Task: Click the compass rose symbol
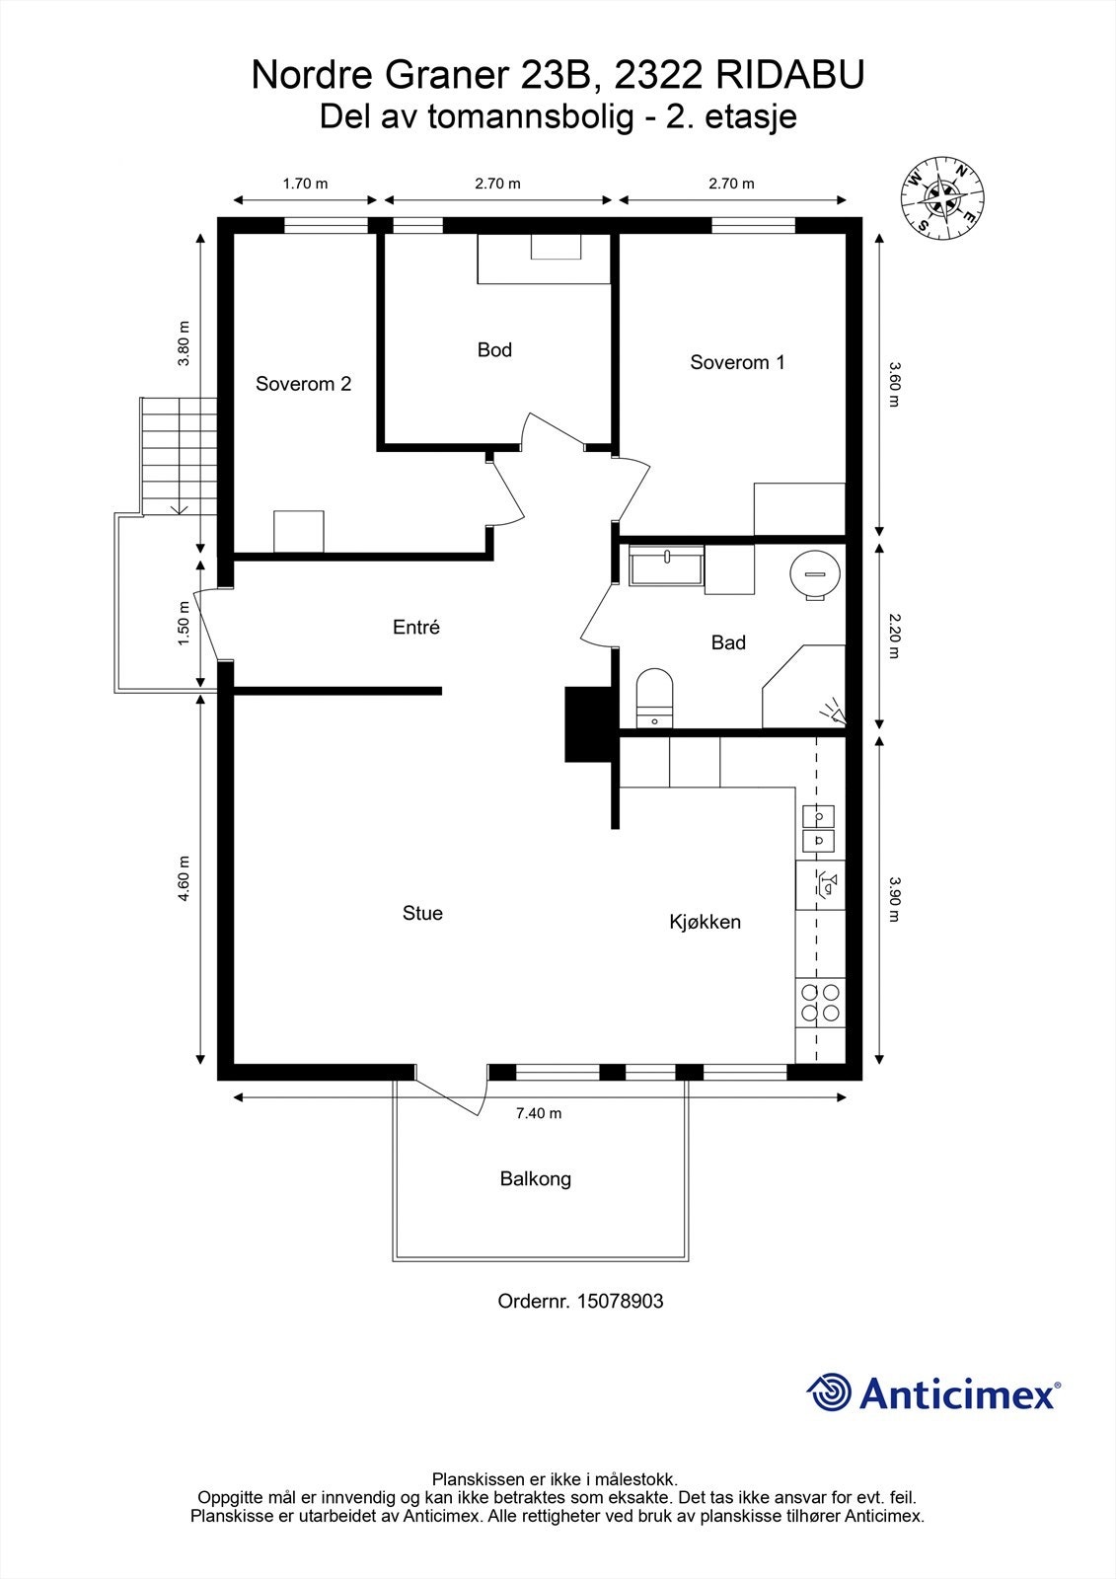[943, 197]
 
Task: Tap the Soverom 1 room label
[737, 362]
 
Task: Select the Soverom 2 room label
[303, 384]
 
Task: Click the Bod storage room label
[494, 349]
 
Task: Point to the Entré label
[415, 627]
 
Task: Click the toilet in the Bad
[654, 696]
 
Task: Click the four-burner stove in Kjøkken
[820, 1003]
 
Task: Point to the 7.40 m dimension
[539, 1113]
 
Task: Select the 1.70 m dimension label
[305, 183]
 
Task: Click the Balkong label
[535, 1178]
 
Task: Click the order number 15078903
[619, 1301]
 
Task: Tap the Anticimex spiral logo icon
[829, 1392]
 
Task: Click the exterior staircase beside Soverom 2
[179, 454]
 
